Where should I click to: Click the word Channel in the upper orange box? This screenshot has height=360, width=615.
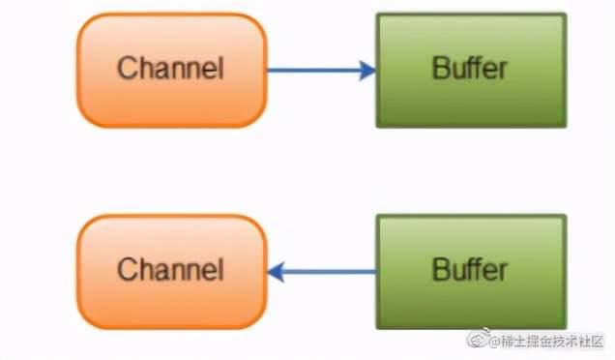pyautogui.click(x=170, y=69)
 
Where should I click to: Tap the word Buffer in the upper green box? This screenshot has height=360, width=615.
pyautogui.click(x=470, y=69)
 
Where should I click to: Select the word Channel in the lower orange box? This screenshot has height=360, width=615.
pyautogui.click(x=170, y=270)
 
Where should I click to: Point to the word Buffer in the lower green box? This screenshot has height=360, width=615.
pyautogui.click(x=470, y=270)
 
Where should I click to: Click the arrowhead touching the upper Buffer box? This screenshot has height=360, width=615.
pyautogui.click(x=366, y=70)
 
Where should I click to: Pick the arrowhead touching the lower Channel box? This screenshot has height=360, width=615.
pyautogui.click(x=277, y=272)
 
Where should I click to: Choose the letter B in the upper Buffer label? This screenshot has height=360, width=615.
pyautogui.click(x=441, y=69)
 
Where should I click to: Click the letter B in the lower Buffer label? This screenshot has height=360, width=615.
pyautogui.click(x=441, y=270)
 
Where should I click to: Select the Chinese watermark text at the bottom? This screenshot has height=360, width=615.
pyautogui.click(x=552, y=342)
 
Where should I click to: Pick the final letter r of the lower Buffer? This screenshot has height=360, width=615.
pyautogui.click(x=504, y=270)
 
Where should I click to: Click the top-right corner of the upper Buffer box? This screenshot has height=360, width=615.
pyautogui.click(x=565, y=15)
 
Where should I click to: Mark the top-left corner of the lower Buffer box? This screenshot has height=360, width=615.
pyautogui.click(x=377, y=217)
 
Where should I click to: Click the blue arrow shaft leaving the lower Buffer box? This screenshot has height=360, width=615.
pyautogui.click(x=329, y=272)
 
